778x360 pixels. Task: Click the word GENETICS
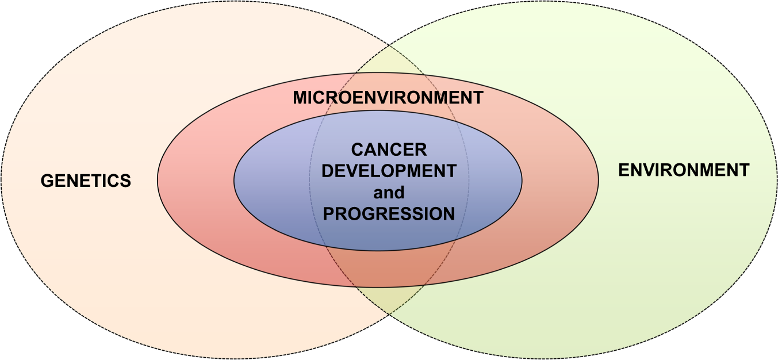click(86, 181)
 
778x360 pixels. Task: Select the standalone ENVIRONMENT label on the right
click(684, 170)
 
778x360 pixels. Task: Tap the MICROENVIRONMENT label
click(388, 97)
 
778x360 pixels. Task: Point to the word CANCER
click(389, 150)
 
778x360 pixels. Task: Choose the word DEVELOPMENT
click(389, 171)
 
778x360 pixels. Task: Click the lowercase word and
click(389, 193)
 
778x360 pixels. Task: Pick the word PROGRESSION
click(389, 214)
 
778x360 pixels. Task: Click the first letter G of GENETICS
click(47, 181)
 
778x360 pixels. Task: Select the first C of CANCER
click(358, 150)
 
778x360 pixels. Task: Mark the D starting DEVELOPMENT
click(328, 171)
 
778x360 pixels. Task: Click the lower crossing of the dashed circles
click(389, 315)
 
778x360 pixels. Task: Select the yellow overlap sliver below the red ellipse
click(389, 299)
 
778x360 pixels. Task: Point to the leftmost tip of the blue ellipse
click(234, 181)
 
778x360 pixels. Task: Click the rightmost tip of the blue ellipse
click(522, 181)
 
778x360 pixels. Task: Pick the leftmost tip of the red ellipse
click(158, 180)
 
